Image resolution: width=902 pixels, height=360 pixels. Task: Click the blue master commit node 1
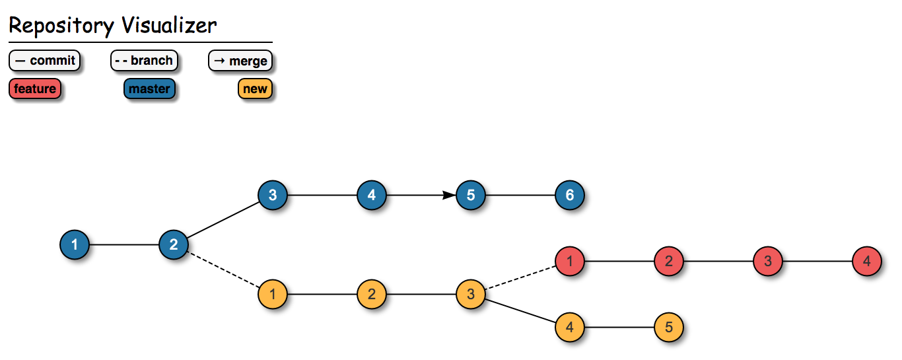point(75,245)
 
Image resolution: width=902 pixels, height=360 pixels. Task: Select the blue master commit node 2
point(174,245)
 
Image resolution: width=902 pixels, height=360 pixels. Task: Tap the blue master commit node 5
point(471,196)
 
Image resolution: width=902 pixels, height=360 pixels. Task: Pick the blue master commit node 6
point(570,196)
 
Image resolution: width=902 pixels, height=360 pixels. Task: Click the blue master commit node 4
point(372,196)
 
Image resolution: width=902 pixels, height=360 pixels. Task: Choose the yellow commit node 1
point(273,295)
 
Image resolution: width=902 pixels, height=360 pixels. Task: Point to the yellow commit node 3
point(471,295)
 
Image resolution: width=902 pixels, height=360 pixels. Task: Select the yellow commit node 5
point(669,328)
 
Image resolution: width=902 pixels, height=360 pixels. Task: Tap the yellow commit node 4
point(570,328)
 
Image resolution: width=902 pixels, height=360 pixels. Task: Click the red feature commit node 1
point(570,262)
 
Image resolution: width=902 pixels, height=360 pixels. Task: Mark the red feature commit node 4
point(867,262)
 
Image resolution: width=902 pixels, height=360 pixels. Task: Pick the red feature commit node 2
point(669,262)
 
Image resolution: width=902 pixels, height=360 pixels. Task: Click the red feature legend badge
point(35,89)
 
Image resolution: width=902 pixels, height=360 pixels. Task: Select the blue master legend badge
point(149,89)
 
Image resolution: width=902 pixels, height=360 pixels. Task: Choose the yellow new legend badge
point(255,89)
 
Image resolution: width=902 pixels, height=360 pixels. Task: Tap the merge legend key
point(240,61)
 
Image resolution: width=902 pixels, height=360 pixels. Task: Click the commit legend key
point(44,61)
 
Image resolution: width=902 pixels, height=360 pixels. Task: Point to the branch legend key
point(143,61)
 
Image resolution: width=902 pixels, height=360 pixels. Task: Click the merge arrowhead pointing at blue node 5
point(449,196)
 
